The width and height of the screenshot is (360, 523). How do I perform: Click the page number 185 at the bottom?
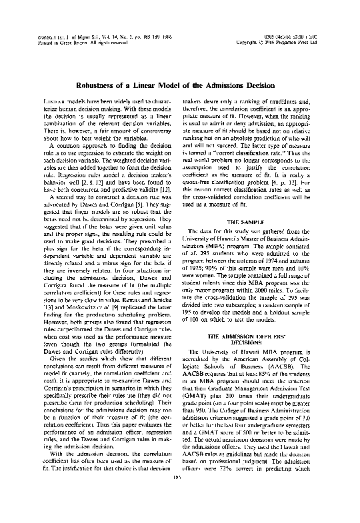coord(179,513)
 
